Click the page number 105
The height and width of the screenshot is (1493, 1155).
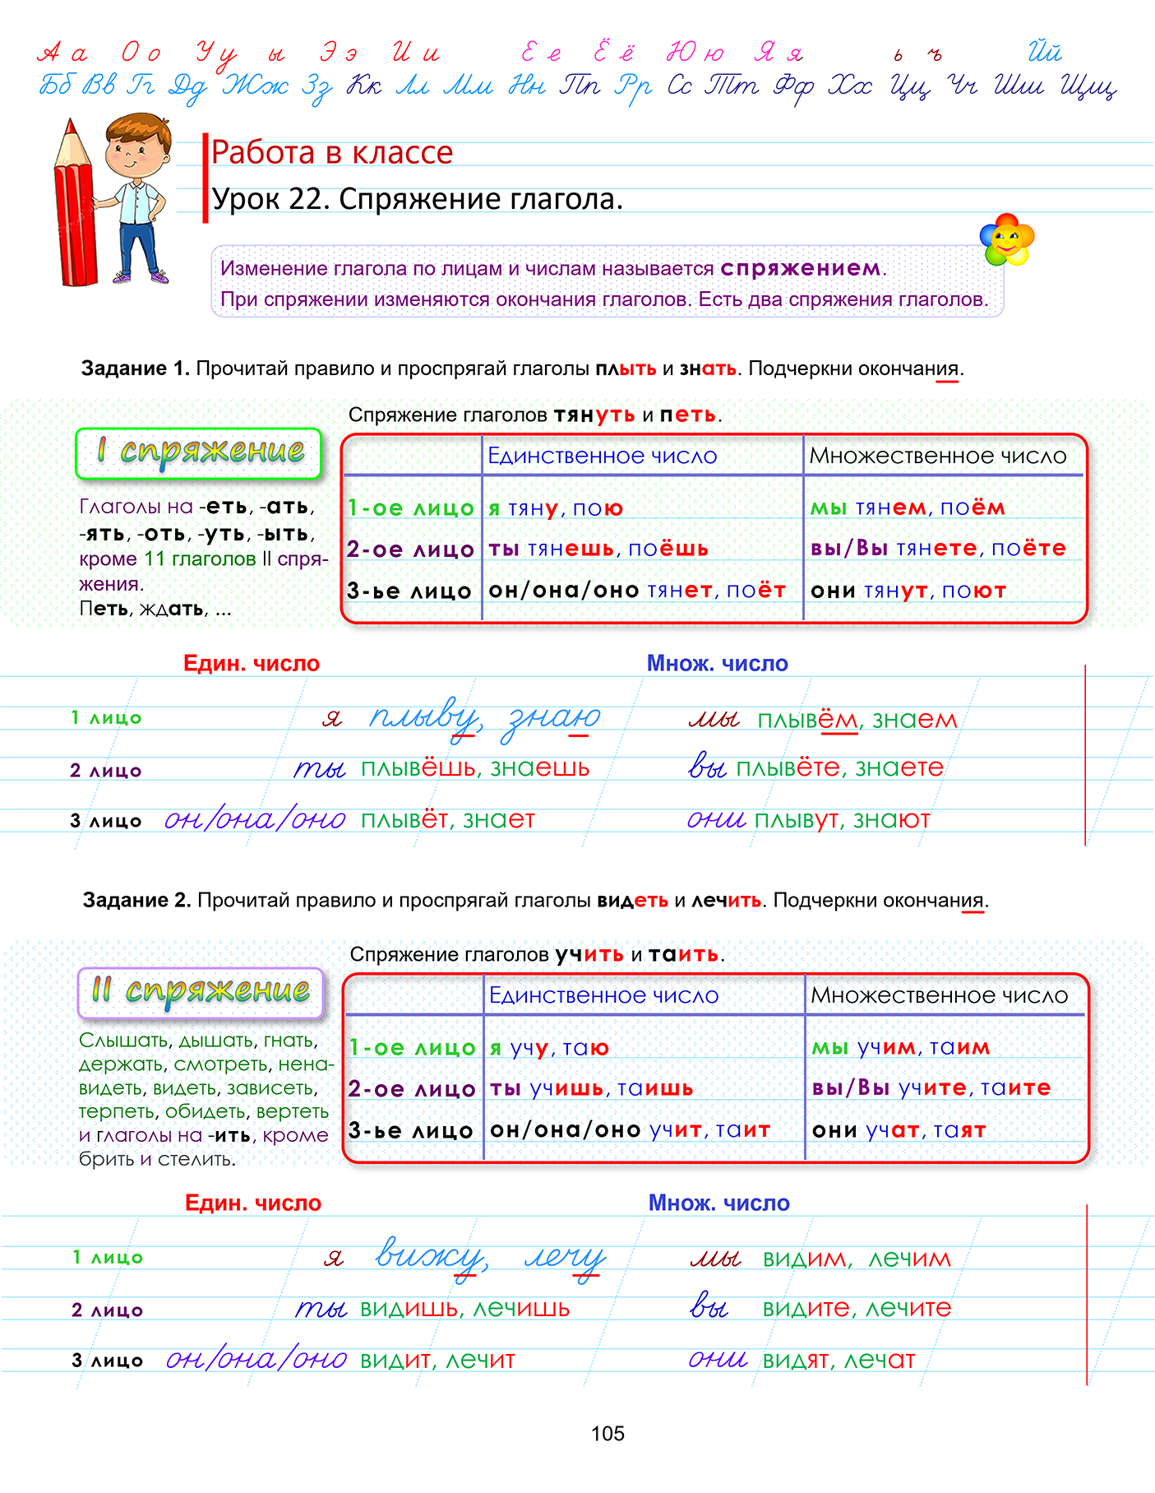608,1433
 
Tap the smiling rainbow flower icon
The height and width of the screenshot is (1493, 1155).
1006,240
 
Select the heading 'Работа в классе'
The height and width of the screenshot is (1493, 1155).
332,153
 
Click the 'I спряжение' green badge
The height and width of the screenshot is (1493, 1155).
198,452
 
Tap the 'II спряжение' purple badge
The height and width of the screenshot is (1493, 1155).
201,991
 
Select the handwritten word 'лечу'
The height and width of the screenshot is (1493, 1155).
565,1258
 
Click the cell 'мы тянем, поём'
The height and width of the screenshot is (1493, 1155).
908,508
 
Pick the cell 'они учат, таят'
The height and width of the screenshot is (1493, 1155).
899,1130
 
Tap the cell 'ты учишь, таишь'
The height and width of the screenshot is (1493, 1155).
592,1088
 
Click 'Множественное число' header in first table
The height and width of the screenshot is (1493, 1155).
938,456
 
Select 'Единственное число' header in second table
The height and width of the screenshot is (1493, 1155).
603,995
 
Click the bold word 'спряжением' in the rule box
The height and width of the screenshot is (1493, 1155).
800,268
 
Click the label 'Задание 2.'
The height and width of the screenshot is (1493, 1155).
136,901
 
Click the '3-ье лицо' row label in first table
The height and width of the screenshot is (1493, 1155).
409,591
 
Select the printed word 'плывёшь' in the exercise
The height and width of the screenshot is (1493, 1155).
418,768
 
